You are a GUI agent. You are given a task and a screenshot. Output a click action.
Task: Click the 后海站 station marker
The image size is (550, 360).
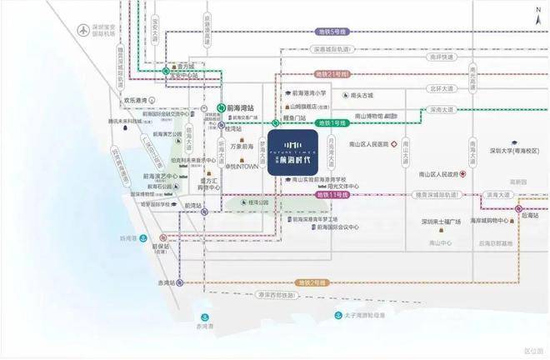coord(518,209)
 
